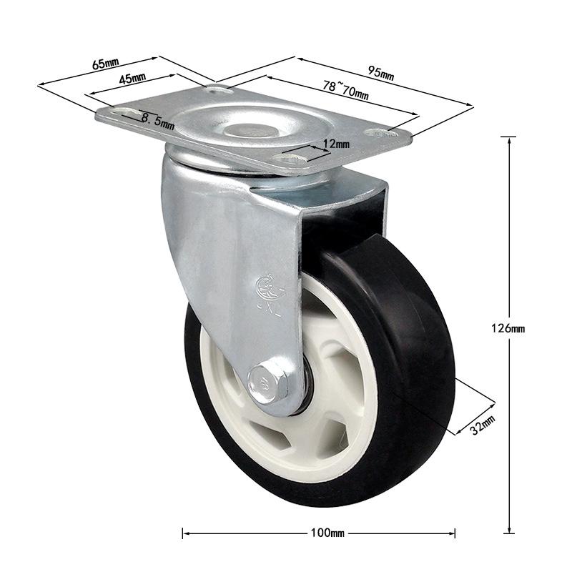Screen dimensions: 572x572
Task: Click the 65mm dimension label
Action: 105,63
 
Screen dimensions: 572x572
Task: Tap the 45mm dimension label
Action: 132,79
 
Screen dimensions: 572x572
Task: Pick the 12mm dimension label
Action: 336,144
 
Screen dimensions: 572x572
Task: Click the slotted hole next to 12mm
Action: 293,161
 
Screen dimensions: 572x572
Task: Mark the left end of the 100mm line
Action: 183,533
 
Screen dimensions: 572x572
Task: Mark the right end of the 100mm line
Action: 455,533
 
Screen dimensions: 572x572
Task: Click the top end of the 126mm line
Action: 508,137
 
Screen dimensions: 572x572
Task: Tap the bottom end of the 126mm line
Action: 508,533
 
